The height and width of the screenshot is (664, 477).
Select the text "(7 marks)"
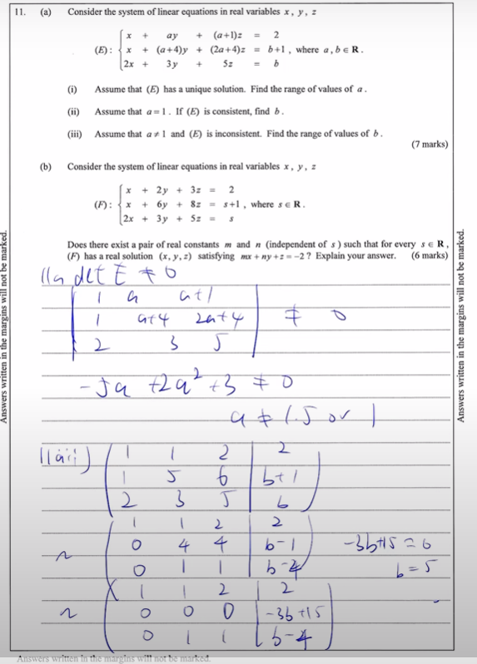(430, 145)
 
